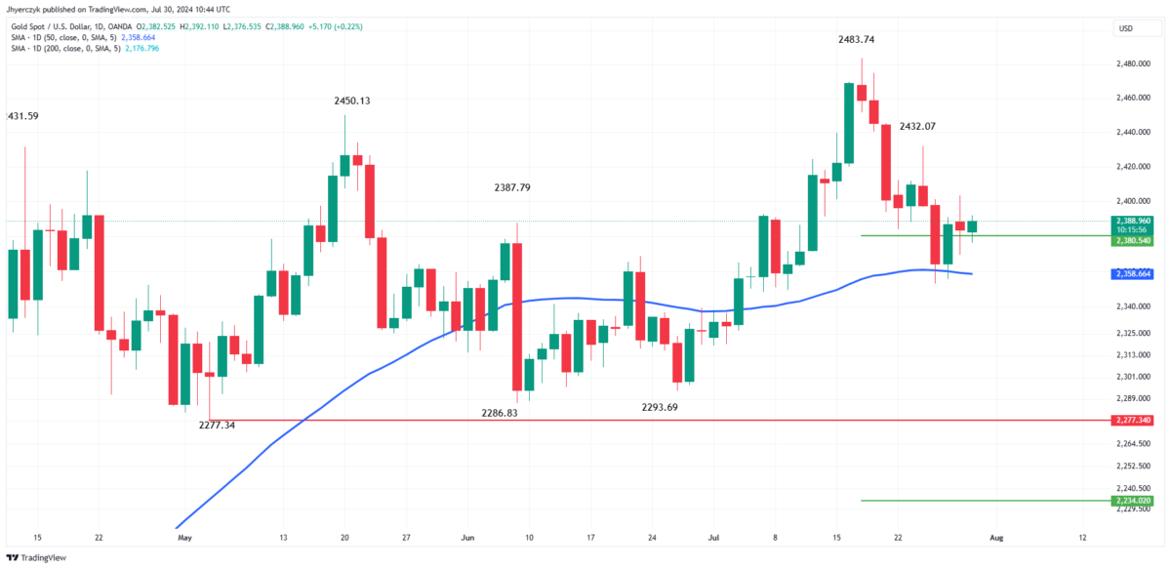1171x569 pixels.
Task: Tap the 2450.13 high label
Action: (352, 101)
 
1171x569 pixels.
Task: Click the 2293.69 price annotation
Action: (660, 407)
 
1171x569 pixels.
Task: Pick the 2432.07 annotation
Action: (917, 127)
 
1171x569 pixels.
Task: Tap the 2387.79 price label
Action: (512, 187)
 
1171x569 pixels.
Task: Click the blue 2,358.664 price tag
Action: (1134, 275)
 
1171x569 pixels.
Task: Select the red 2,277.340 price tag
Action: (1134, 421)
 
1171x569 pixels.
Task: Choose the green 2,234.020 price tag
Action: (1134, 501)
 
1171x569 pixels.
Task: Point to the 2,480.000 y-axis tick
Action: (1134, 64)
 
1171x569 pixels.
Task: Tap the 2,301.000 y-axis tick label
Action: (1134, 377)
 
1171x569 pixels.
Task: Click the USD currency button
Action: (1125, 28)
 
